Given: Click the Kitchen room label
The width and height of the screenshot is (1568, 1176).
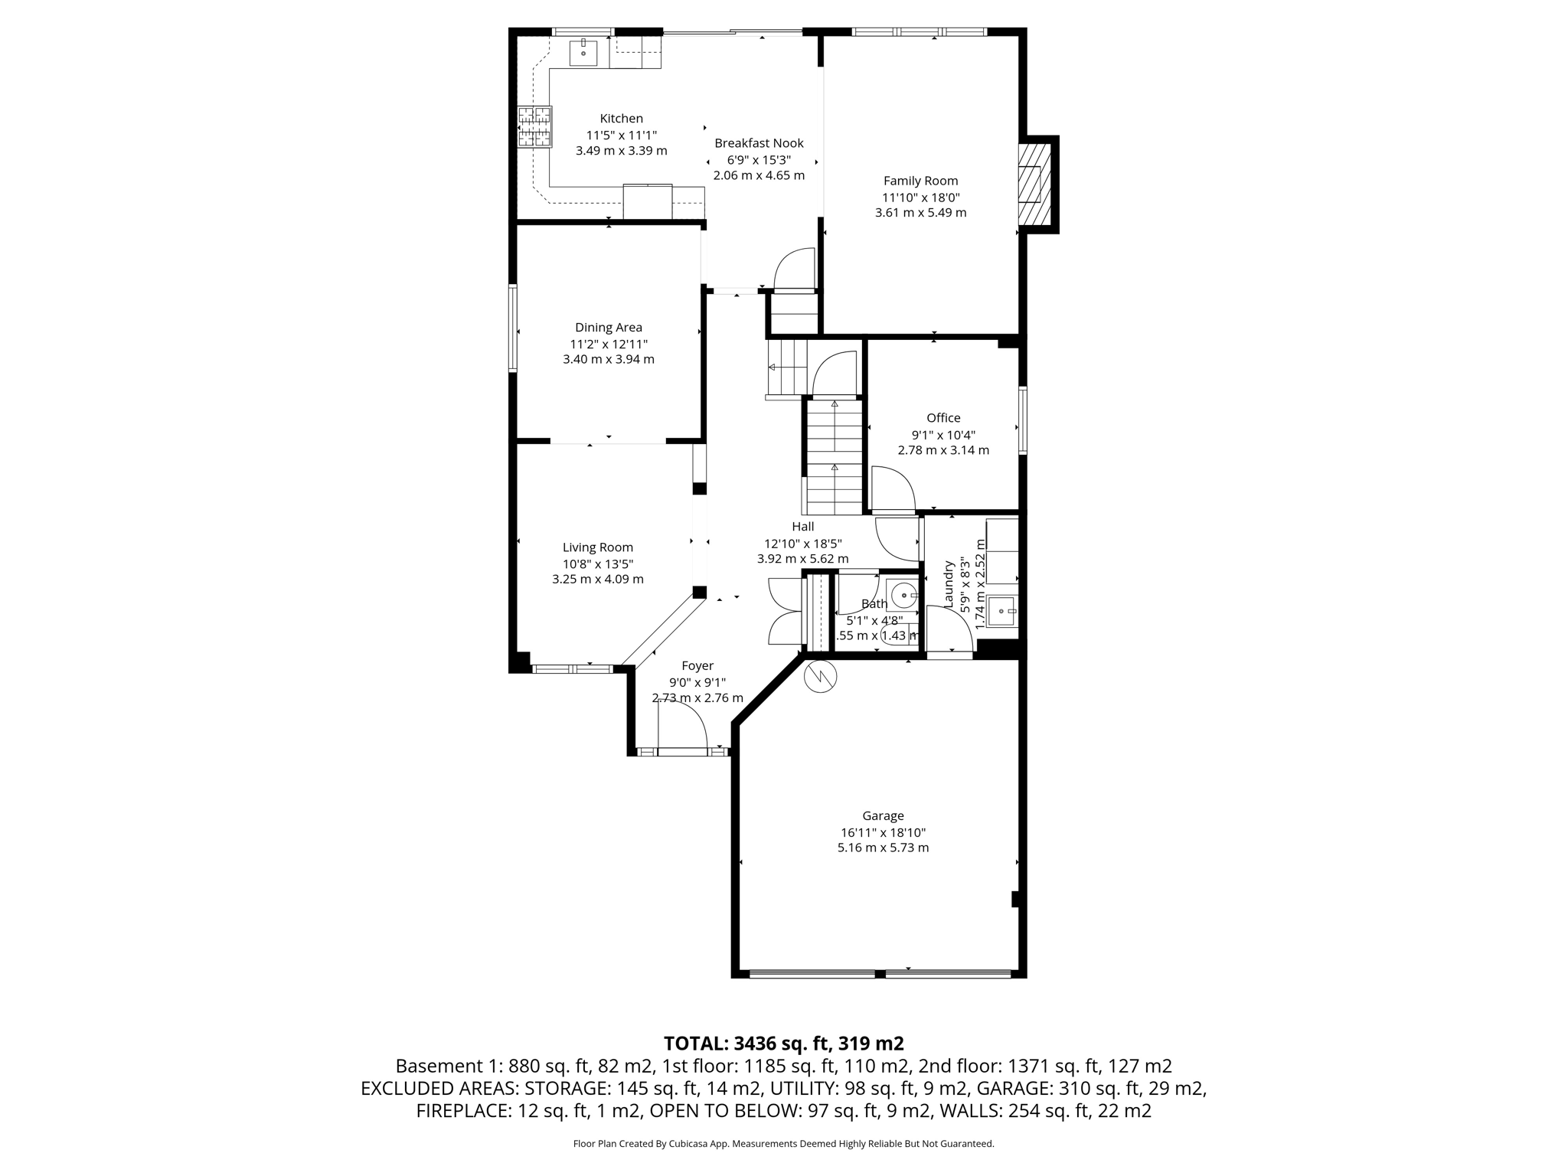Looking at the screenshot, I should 621,119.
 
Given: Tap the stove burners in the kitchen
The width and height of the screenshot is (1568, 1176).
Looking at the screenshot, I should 534,126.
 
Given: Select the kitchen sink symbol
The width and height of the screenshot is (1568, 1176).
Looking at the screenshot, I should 583,52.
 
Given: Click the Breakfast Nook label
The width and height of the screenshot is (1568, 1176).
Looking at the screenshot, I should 759,143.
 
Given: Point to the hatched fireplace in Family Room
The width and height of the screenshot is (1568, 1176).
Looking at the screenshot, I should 1034,184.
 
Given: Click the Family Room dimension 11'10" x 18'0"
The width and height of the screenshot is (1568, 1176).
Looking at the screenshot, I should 920,197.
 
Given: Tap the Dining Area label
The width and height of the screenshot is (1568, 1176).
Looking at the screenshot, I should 609,328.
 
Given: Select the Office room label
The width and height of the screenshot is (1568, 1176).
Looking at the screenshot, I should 943,418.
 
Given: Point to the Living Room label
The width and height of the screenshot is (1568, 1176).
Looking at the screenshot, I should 598,547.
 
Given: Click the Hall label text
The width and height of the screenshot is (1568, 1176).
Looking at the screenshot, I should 802,527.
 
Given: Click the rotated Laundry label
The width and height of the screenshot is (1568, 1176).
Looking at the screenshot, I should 949,584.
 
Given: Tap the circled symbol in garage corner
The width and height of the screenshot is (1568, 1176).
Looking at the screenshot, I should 820,676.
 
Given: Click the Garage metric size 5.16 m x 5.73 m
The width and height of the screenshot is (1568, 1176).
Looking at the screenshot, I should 883,848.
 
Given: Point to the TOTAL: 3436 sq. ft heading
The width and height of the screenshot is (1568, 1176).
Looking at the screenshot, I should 783,1044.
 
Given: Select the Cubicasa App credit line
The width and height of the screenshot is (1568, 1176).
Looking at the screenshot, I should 783,1144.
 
